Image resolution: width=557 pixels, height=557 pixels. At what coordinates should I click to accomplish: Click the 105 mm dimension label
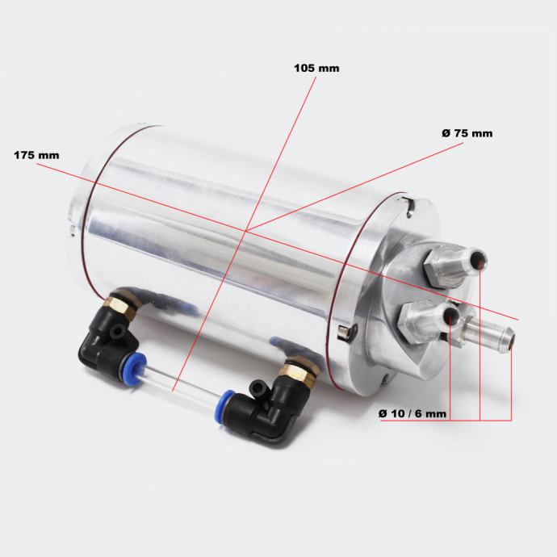(316, 68)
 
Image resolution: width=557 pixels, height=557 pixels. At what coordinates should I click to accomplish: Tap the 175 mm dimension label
(36, 155)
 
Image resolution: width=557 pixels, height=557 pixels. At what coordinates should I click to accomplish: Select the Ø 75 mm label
(467, 133)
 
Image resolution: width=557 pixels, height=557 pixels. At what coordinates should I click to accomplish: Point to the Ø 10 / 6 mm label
(413, 413)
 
